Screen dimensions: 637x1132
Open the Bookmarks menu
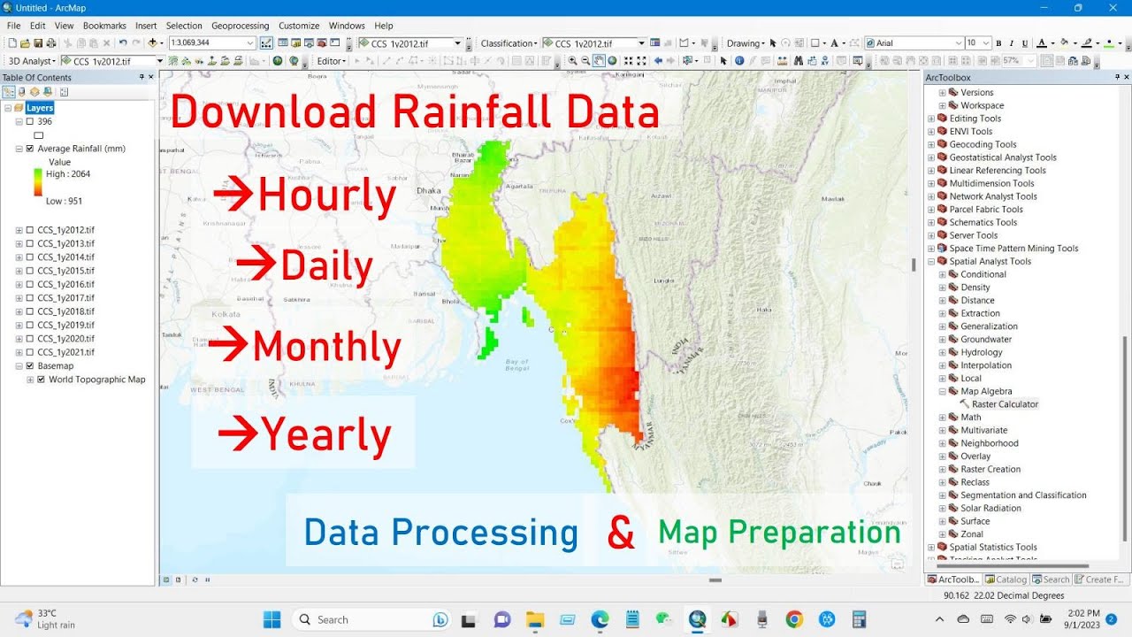(x=104, y=26)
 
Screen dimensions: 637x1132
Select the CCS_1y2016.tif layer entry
(x=65, y=284)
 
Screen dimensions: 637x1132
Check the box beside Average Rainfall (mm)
(x=30, y=149)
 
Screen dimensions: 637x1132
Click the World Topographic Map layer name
(x=96, y=380)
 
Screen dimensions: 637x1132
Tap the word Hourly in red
(x=326, y=195)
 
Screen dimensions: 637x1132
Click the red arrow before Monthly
(x=228, y=345)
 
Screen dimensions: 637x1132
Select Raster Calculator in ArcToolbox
(x=1005, y=404)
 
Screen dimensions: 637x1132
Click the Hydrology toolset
(x=982, y=352)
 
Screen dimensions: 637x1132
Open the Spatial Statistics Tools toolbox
(x=992, y=547)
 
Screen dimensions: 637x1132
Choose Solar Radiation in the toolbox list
(x=990, y=508)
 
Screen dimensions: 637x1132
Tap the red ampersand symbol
(x=621, y=533)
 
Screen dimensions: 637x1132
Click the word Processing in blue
(x=485, y=533)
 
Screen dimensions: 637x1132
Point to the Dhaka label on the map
(x=429, y=189)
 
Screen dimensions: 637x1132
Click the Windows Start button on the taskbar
(x=272, y=619)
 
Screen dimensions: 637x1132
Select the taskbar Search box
(x=371, y=619)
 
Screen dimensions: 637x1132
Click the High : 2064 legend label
(x=68, y=174)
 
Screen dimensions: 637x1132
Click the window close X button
(x=1112, y=8)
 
